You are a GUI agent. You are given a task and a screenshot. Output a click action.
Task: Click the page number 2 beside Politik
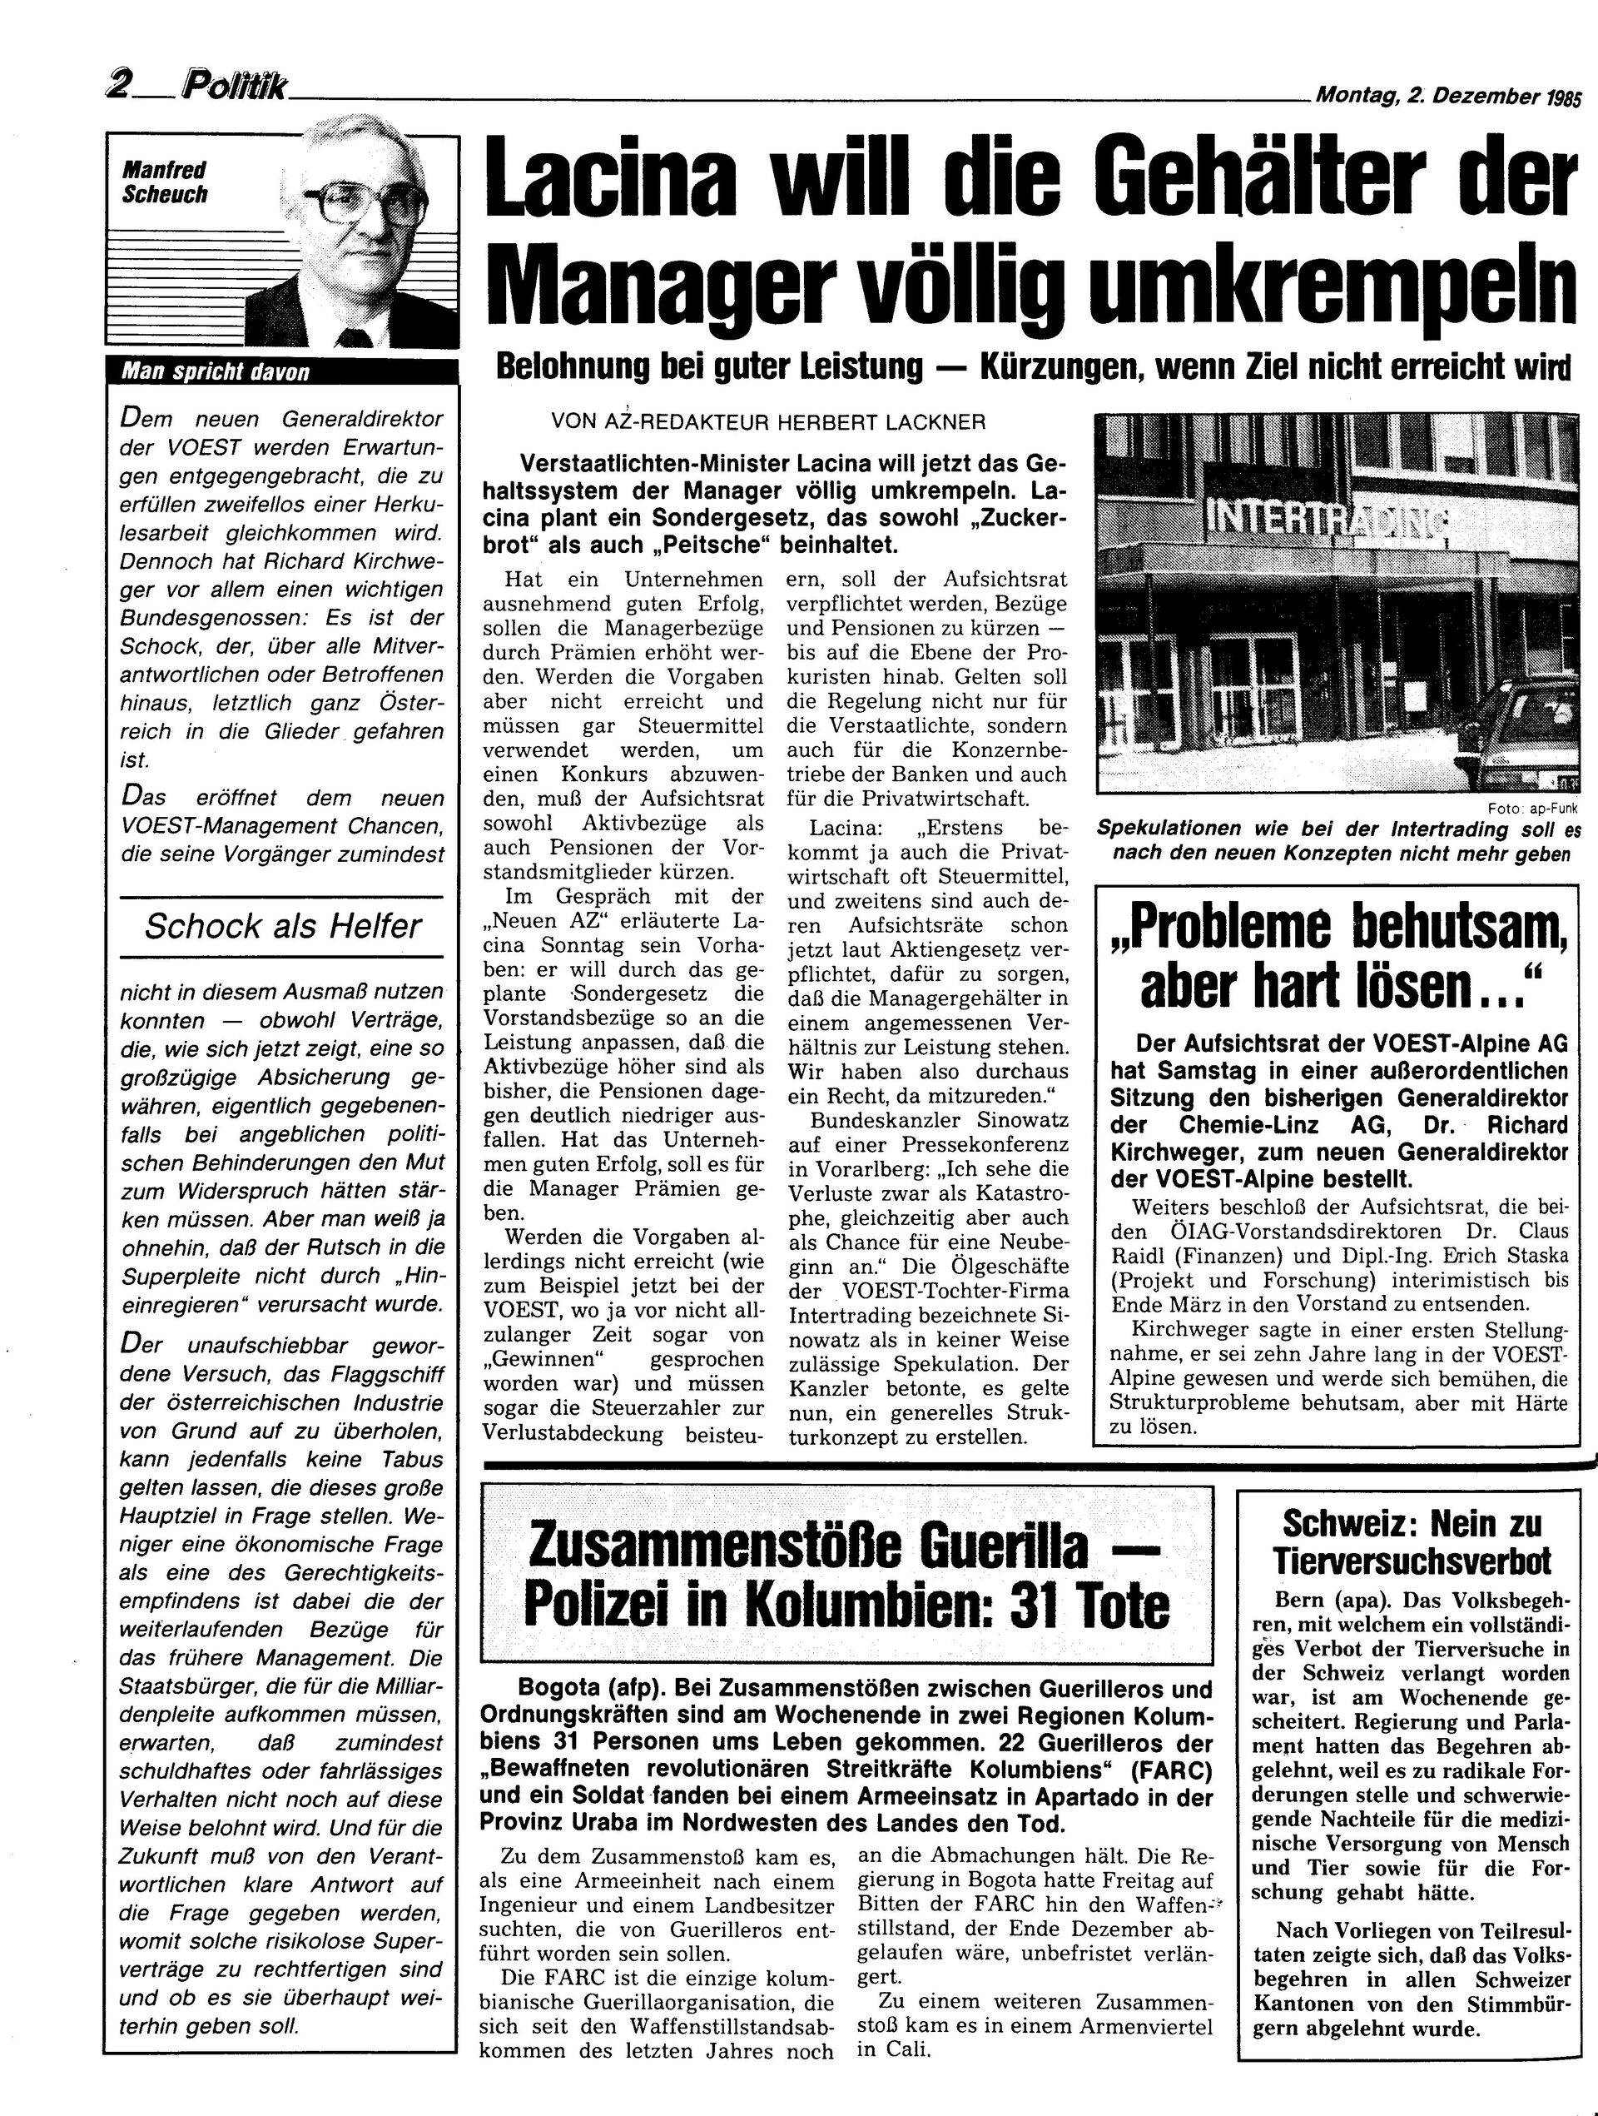pos(122,87)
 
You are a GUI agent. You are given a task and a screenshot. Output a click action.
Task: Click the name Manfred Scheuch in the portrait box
pos(165,182)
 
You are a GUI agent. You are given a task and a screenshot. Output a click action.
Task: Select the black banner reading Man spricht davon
pos(282,372)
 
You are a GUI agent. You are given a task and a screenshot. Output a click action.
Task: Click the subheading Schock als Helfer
pos(282,926)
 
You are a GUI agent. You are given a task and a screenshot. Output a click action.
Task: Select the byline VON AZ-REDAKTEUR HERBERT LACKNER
pos(768,422)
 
